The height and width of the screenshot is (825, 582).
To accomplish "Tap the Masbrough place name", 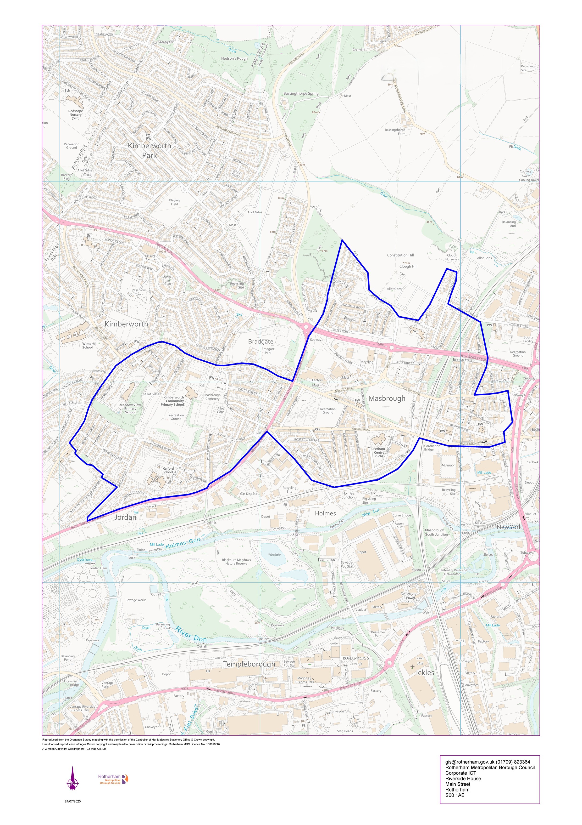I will click(387, 398).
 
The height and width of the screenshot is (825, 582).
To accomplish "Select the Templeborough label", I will click(249, 664).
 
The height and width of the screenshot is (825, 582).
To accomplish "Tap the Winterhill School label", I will click(90, 345).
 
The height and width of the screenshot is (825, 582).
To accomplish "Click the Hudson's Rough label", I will click(234, 58).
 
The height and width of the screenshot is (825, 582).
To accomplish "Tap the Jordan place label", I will click(125, 518).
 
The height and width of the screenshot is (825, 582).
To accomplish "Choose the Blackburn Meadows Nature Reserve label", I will click(236, 562).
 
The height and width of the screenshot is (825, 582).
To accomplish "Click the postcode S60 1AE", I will click(455, 795).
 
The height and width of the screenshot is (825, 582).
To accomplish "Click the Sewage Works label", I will click(136, 600).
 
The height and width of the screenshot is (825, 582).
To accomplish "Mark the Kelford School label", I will click(168, 470).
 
